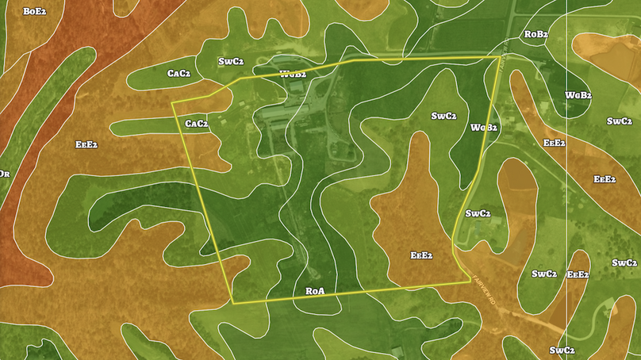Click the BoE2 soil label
point(34,11)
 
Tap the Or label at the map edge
point(5,174)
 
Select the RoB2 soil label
point(535,34)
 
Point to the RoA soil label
point(315,291)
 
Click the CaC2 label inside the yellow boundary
point(196,124)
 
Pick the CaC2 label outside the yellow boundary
point(178,74)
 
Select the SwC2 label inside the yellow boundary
point(443,116)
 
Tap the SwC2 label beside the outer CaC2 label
point(231,62)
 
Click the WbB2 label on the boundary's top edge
point(293,74)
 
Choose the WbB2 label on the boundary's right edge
point(483,127)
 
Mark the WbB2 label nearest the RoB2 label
point(578,95)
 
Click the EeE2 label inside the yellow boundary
point(420,255)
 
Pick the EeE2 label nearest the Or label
point(86,144)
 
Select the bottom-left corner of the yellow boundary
point(233,303)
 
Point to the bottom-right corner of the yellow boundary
point(468,281)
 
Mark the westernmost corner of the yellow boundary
point(173,103)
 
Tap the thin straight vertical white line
point(566,198)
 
